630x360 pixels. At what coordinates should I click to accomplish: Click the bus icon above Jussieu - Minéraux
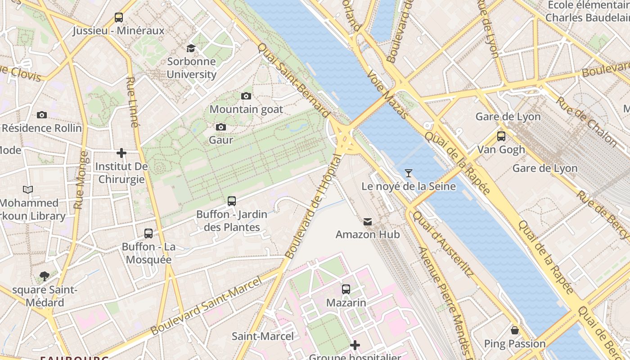tap(119, 18)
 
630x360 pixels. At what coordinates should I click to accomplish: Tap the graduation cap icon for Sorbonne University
tap(191, 48)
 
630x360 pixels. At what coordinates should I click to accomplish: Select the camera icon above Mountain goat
tap(246, 96)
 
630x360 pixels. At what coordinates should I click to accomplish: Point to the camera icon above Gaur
tap(221, 127)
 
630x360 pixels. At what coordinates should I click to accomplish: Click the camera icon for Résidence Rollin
tap(42, 115)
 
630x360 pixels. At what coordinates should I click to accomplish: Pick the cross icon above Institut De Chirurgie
tap(121, 153)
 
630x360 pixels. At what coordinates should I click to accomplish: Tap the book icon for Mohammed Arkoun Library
tap(28, 190)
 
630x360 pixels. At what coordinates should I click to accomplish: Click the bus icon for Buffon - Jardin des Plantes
tap(232, 201)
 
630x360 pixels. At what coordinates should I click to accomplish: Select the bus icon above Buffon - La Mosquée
tap(148, 234)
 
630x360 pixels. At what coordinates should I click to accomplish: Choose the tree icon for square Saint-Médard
tap(44, 276)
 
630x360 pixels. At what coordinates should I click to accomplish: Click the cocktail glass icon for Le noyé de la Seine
tap(409, 173)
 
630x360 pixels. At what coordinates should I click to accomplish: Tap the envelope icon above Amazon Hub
tap(368, 221)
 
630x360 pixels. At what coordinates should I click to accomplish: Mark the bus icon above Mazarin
tap(346, 289)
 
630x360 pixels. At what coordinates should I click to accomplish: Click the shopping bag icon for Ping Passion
tap(515, 331)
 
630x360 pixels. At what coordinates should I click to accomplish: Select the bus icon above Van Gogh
tap(501, 136)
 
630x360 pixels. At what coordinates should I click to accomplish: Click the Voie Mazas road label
tap(387, 94)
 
